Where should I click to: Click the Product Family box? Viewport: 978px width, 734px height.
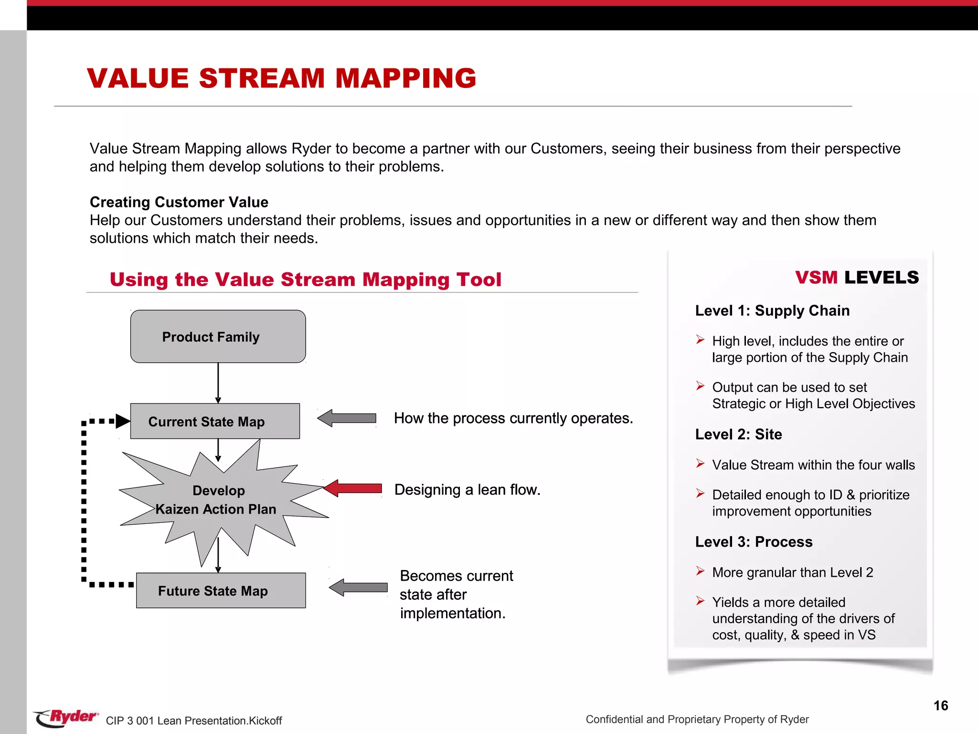[x=218, y=336]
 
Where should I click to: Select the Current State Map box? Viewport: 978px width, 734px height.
[x=215, y=421]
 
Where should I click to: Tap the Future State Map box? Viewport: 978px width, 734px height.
[x=221, y=591]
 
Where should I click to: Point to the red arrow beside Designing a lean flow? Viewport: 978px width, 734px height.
[x=353, y=488]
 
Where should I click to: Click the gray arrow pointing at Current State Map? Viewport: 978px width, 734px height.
[x=347, y=418]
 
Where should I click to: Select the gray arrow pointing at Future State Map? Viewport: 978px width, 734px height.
[x=359, y=587]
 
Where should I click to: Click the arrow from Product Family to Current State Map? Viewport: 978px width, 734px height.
[x=218, y=382]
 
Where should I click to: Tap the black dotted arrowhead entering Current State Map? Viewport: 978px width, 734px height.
[x=123, y=421]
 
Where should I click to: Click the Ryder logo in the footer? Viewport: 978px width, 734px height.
[x=66, y=717]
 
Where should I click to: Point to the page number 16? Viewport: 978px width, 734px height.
[x=940, y=706]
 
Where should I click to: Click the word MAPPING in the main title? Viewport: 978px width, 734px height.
[x=405, y=78]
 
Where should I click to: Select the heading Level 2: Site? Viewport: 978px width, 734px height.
[x=738, y=434]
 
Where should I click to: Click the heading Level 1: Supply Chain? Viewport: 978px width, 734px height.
[x=772, y=311]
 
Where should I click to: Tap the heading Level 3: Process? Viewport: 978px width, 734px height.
[x=754, y=542]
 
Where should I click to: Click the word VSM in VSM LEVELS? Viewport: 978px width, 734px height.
[x=816, y=277]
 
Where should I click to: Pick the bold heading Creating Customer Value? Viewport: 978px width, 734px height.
[x=179, y=202]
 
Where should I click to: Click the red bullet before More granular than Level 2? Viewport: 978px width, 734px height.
[x=700, y=571]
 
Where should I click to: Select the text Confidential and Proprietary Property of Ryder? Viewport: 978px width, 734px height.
[x=697, y=719]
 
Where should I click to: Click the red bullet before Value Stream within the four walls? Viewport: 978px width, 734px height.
[x=700, y=464]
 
